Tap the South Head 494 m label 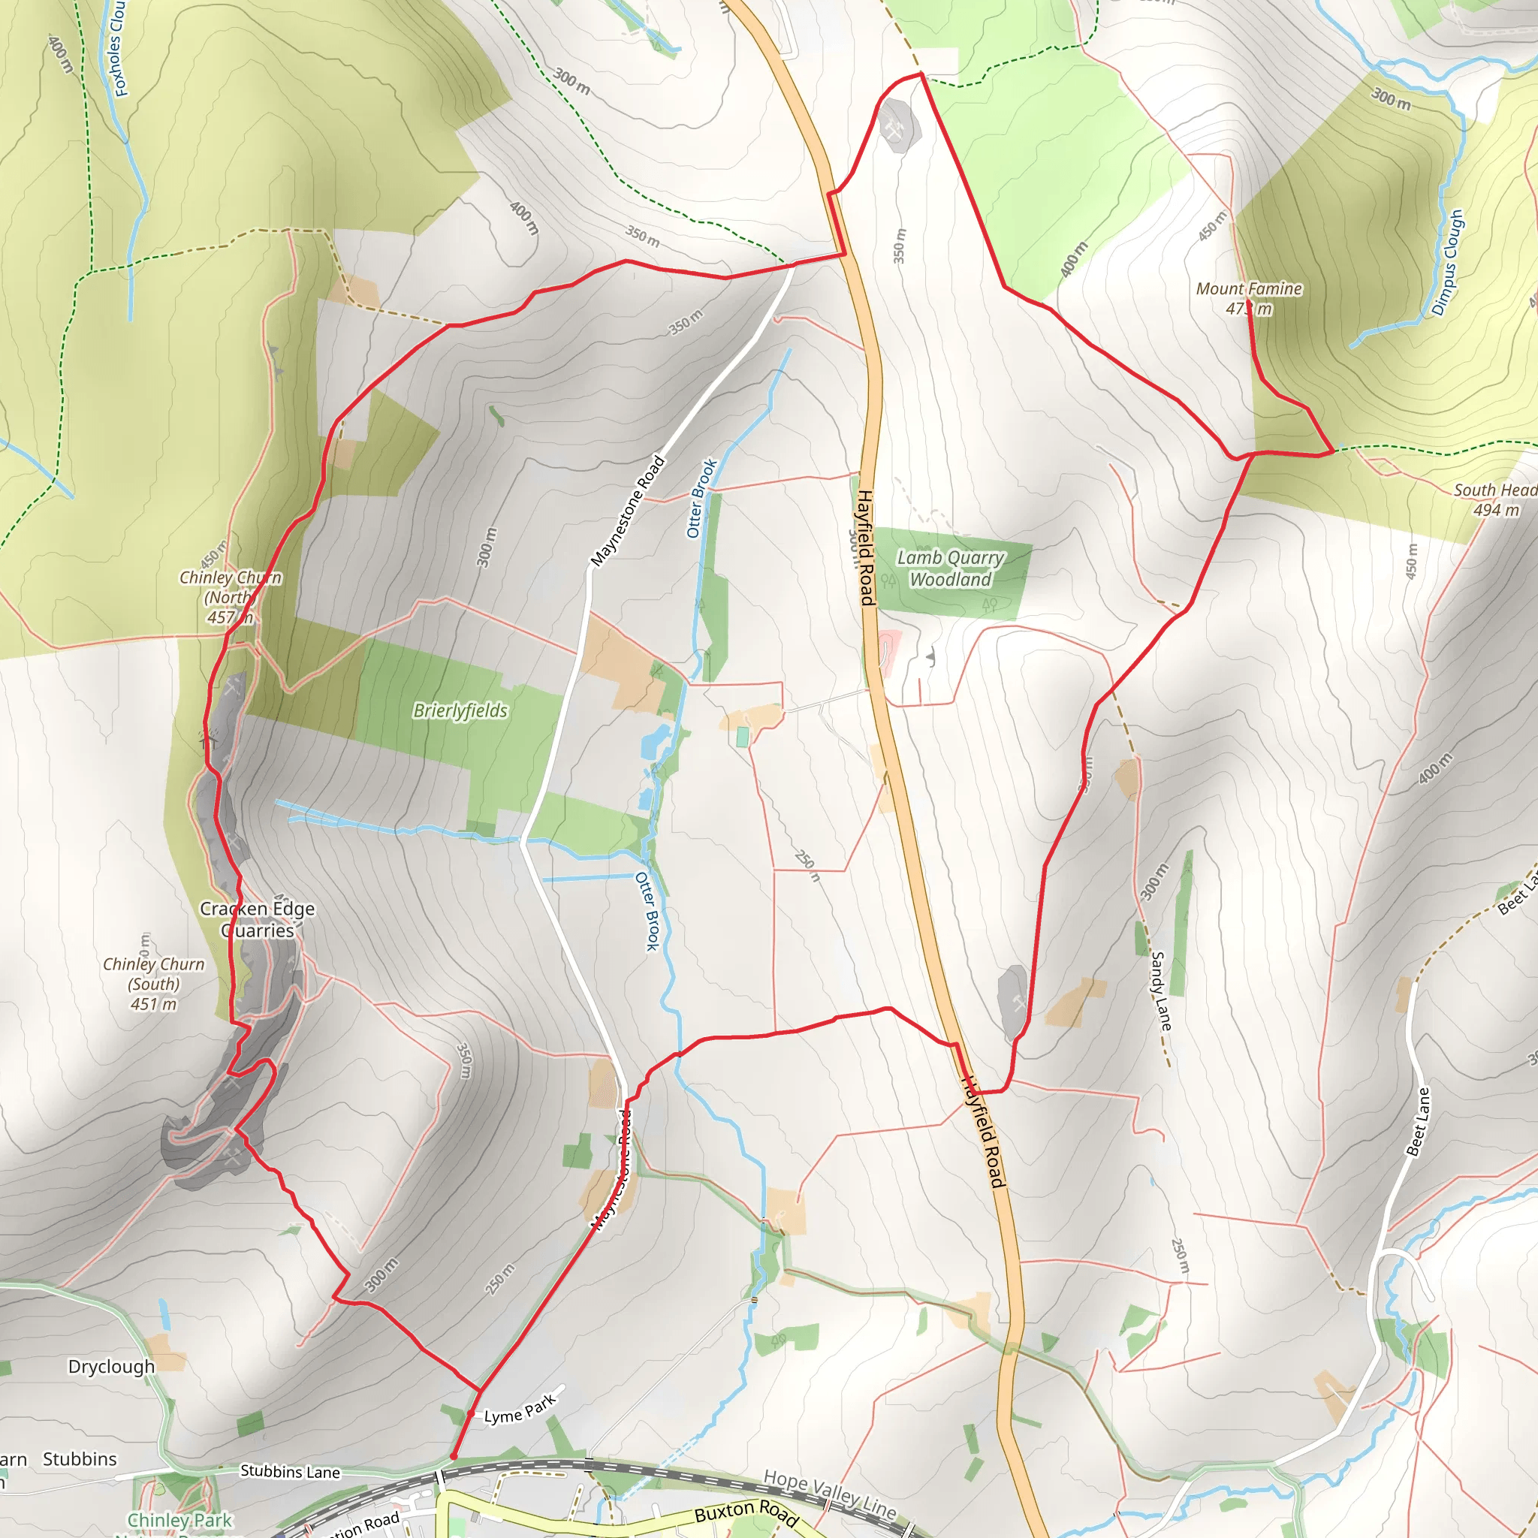(1494, 499)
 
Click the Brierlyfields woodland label (460, 710)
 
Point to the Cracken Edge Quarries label (257, 919)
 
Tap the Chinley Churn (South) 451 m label (154, 984)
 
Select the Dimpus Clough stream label (1447, 263)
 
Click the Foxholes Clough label (117, 48)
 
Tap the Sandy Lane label (1162, 991)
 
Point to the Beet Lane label (1418, 1121)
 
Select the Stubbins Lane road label (290, 1472)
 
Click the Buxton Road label (746, 1513)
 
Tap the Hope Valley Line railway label (830, 1495)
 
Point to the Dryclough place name (111, 1367)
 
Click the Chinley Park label (180, 1521)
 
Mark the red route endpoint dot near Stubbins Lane (453, 1457)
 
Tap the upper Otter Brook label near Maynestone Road (701, 499)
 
